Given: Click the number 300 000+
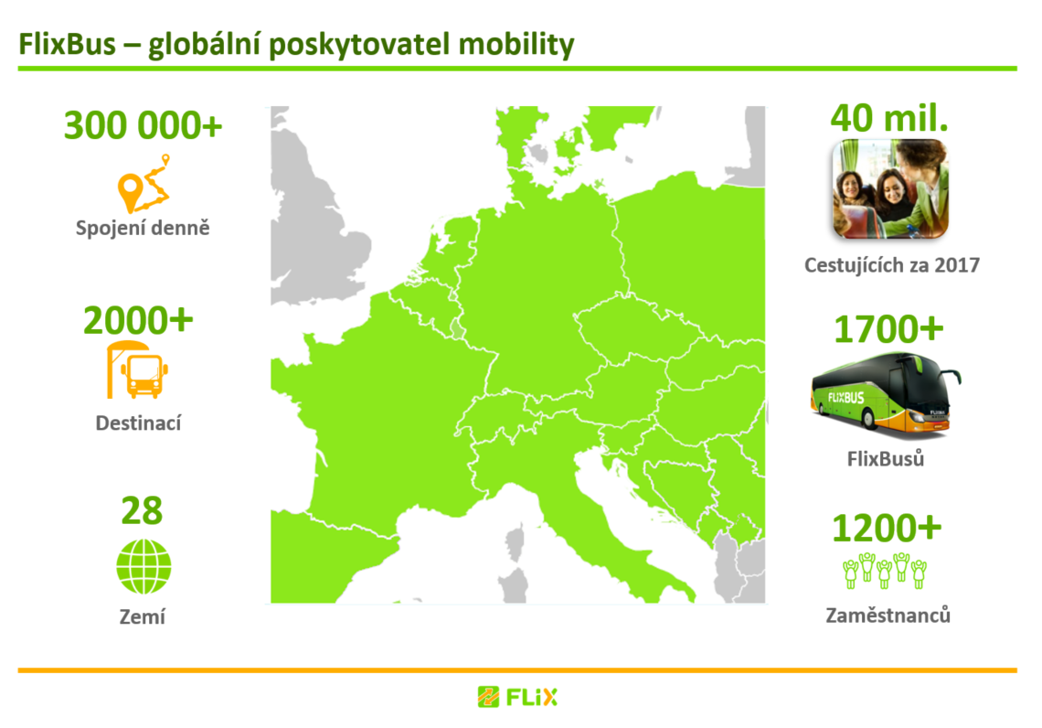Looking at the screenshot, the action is [143, 125].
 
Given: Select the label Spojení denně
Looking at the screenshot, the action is [143, 228].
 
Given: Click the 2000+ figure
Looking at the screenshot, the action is [138, 320].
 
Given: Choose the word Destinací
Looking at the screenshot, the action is [138, 423].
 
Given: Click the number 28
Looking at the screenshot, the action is [142, 510].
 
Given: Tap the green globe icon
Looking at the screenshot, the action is [144, 566].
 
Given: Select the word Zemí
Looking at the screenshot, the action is [143, 617].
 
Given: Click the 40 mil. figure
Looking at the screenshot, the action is [889, 118].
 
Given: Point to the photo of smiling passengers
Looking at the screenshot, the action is [890, 188].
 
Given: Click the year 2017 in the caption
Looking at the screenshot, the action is [957, 265].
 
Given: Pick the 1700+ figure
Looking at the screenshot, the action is [888, 329].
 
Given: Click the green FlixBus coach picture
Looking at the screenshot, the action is [885, 393].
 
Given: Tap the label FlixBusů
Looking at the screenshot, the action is [886, 459].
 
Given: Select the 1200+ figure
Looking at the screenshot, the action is [887, 528].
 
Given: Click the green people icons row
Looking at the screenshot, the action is [885, 571].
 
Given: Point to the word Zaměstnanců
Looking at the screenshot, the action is [888, 616].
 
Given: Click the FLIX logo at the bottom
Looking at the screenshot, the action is [517, 698].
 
